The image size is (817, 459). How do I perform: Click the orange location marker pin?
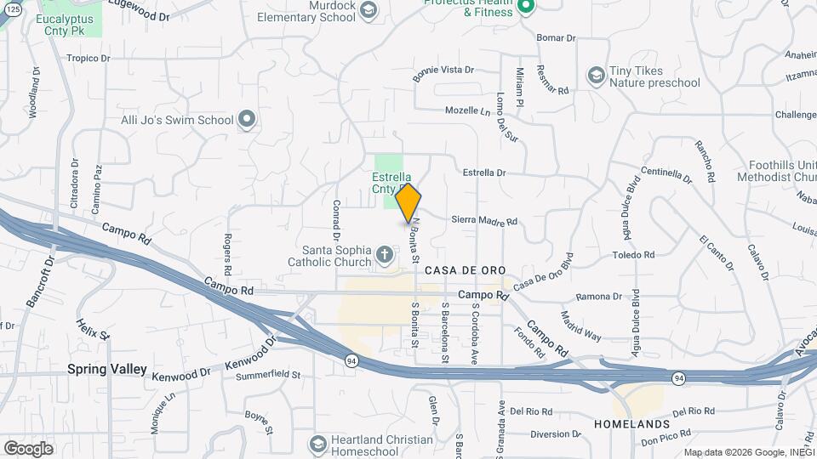pos(408,202)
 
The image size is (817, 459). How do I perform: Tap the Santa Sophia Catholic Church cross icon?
pos(385,253)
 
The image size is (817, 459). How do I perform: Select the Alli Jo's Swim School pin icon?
pos(247,120)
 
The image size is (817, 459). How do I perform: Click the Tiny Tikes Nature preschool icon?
pos(596,76)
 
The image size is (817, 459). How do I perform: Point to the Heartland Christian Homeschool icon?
pos(317,445)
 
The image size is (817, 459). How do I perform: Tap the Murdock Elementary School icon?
pos(368,10)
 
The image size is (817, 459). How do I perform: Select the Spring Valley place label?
pos(108,371)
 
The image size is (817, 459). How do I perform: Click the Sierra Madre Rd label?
pos(483,219)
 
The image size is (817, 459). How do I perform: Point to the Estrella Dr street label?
pos(484,173)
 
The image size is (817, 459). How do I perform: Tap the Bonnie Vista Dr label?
pos(443,70)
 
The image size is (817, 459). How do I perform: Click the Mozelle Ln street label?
pos(469,111)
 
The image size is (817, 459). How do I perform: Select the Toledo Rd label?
pos(633,255)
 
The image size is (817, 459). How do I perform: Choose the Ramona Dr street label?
pos(598,297)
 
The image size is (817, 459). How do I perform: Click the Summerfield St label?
pos(268,374)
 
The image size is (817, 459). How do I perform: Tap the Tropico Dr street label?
pos(89,59)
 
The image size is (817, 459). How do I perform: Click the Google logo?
pos(28,448)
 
